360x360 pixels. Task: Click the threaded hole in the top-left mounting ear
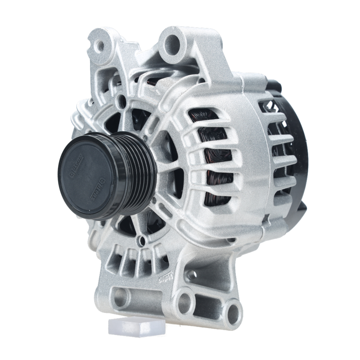tap(99, 46)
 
